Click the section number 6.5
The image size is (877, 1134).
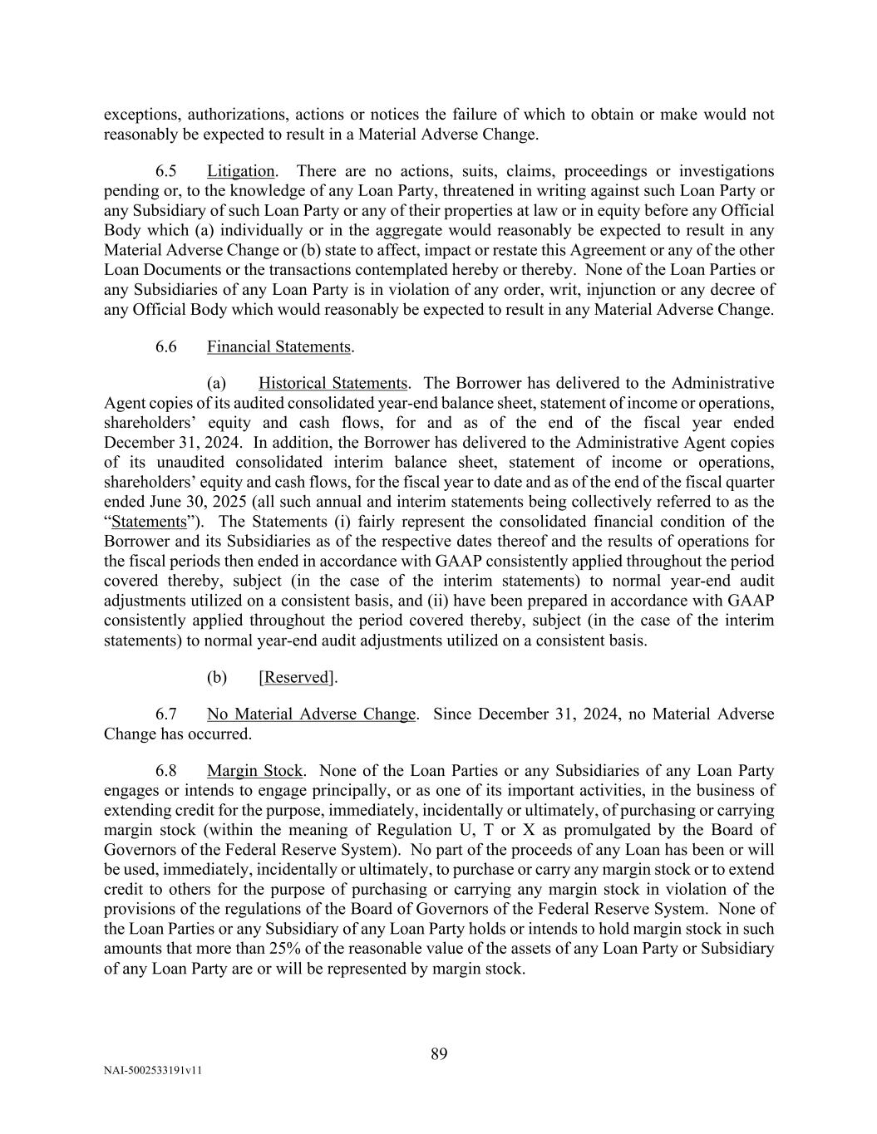pos(166,171)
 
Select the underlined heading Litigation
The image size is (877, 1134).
pos(240,171)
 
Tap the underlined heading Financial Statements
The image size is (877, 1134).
pos(279,346)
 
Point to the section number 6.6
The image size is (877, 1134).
pos(166,346)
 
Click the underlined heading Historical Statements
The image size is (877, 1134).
pos(333,383)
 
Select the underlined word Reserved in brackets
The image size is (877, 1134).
pos(296,677)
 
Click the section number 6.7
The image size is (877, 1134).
pos(166,714)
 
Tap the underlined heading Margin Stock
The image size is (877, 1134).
pos(254,770)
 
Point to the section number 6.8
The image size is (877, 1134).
pos(166,770)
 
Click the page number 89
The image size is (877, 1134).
pos(439,1054)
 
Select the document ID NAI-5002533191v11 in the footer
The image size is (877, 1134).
pos(153,1071)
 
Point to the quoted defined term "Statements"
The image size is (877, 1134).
pos(149,522)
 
